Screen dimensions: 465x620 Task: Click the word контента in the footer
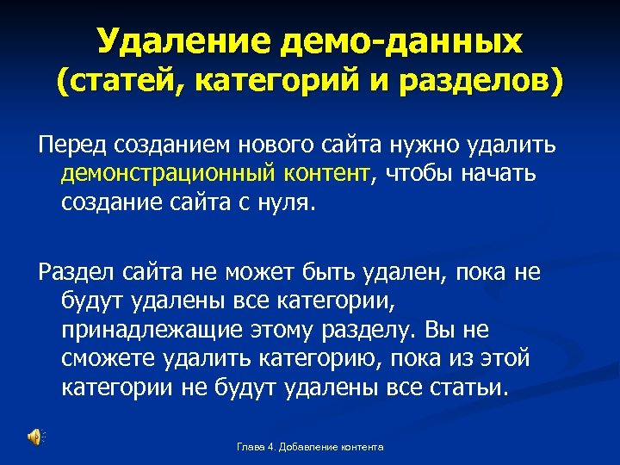pos(360,447)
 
